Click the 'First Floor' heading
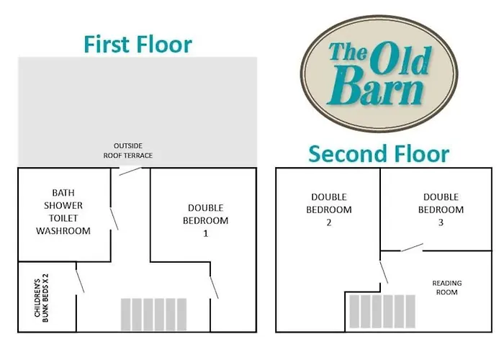point(138,45)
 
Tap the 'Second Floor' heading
point(379,154)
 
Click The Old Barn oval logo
point(379,73)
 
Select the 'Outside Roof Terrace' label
point(128,150)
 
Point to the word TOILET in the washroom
point(63,218)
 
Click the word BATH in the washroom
point(63,193)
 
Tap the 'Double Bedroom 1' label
point(206,220)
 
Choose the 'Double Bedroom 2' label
point(329,210)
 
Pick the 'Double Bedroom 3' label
point(441,210)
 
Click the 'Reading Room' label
point(447,288)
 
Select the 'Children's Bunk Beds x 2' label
point(42,298)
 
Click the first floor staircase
point(153,315)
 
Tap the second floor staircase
point(382,311)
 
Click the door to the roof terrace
point(130,171)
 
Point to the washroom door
point(114,219)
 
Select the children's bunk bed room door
point(80,282)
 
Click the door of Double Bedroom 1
point(214,287)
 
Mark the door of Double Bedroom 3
point(412,248)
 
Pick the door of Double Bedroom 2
point(384,273)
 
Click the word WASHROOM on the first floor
point(63,231)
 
